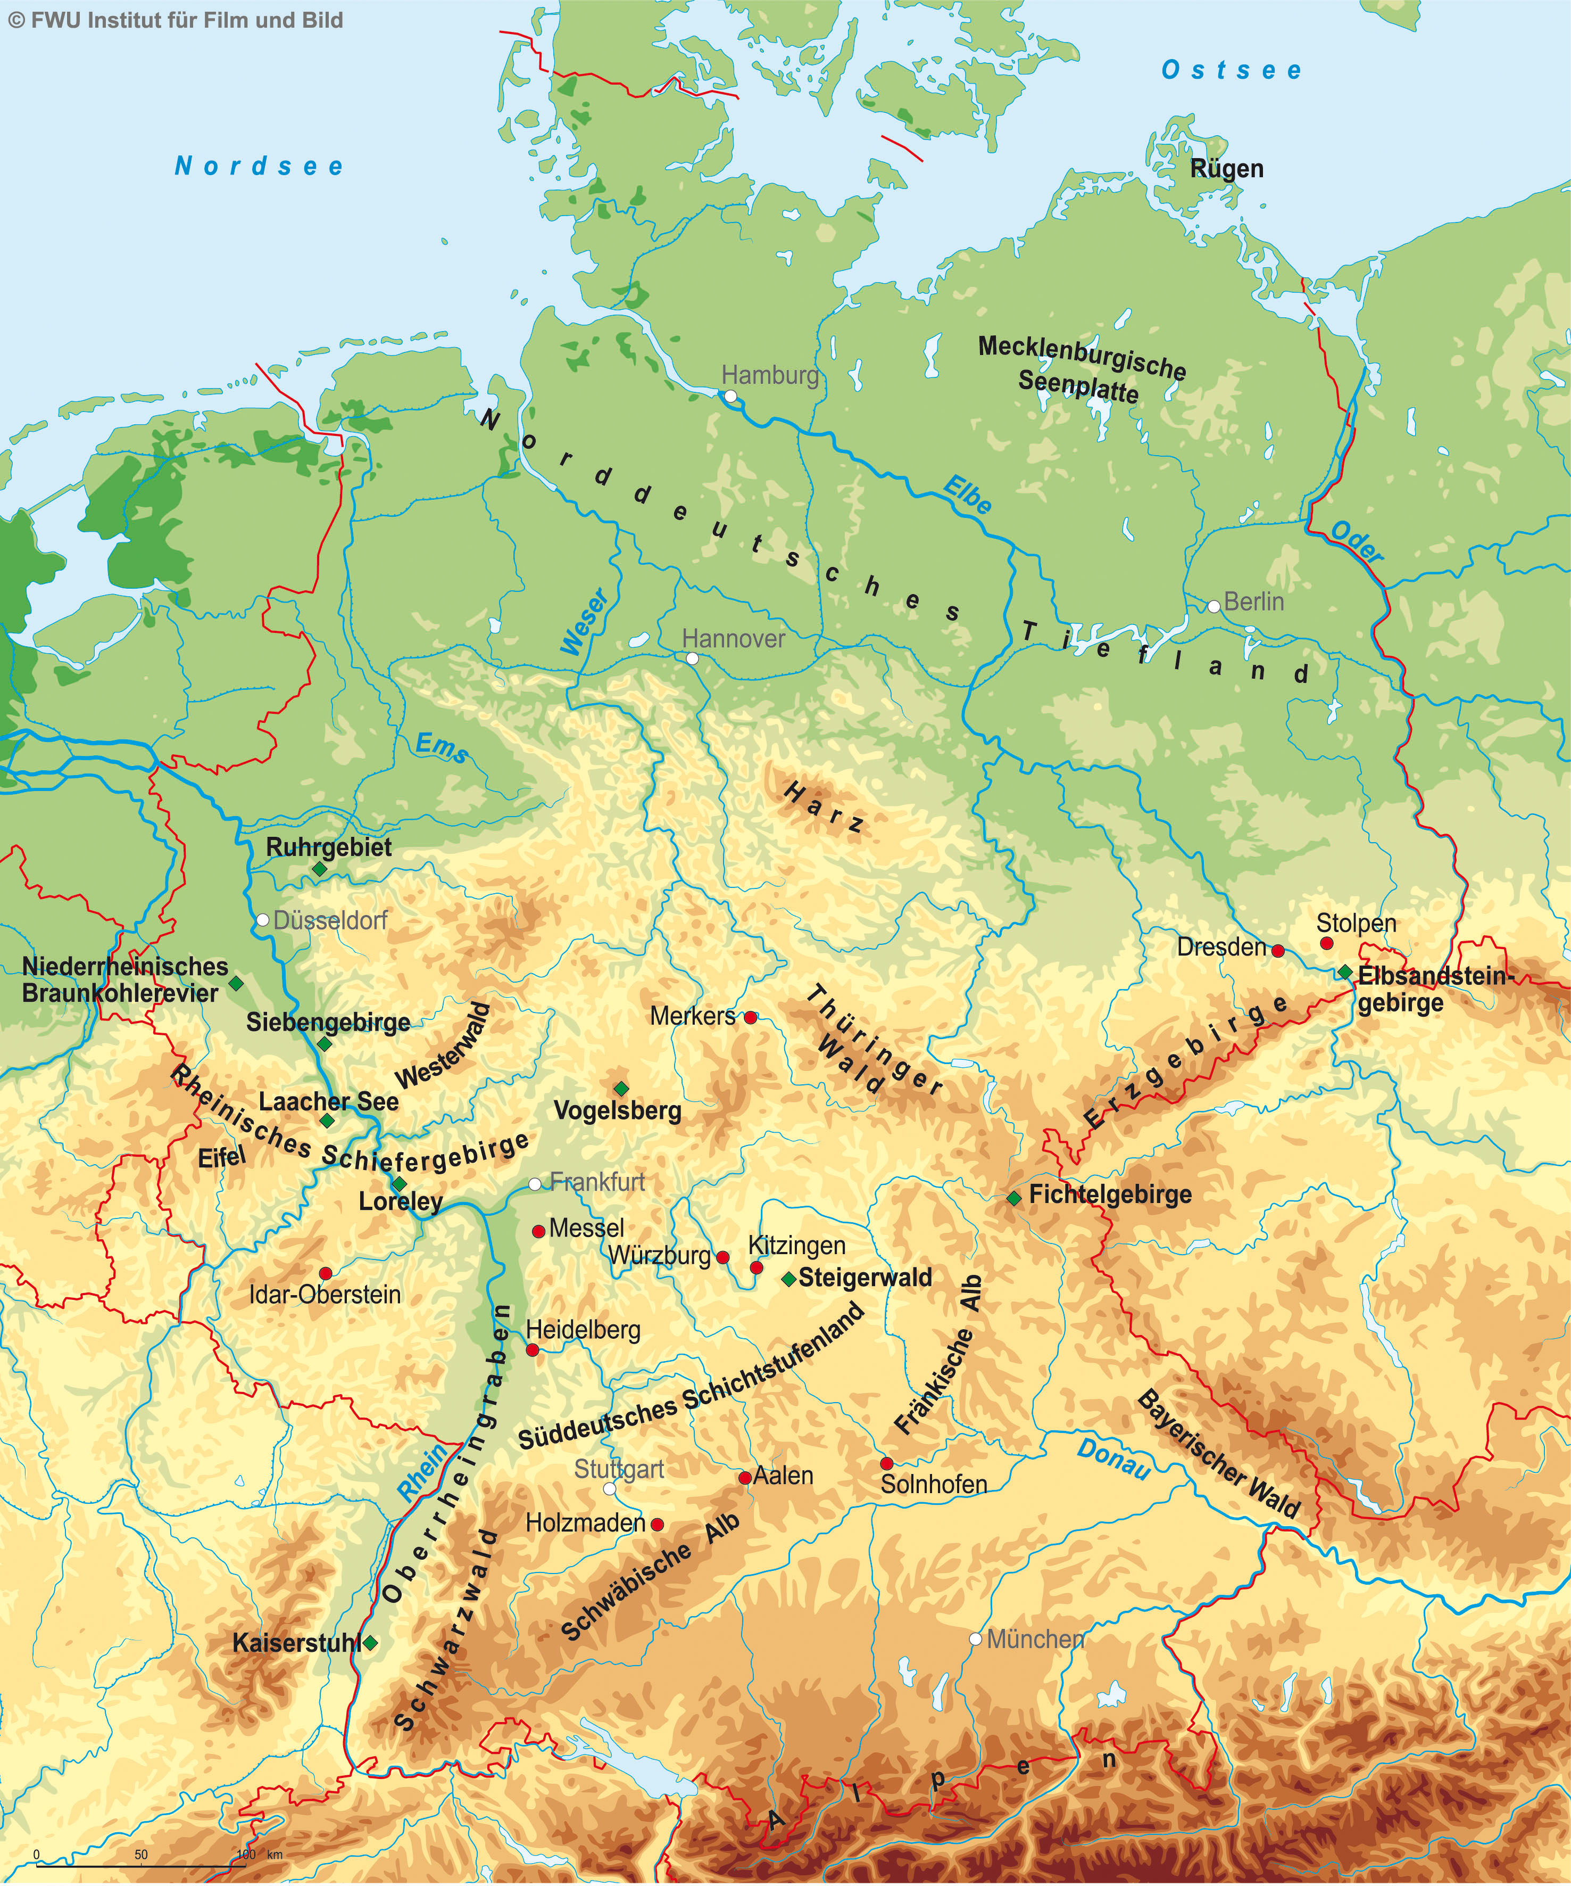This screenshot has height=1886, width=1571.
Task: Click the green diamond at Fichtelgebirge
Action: (1013, 1198)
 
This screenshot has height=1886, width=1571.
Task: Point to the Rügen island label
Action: (1226, 169)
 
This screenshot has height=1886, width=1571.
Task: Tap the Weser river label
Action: (585, 622)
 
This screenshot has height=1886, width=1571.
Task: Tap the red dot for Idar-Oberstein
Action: (326, 1273)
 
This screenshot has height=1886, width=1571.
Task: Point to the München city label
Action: (1035, 1639)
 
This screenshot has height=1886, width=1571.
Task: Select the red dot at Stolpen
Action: (1326, 943)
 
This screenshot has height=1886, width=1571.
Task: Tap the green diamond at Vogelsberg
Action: (620, 1088)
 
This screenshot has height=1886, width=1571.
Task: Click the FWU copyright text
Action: (176, 20)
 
